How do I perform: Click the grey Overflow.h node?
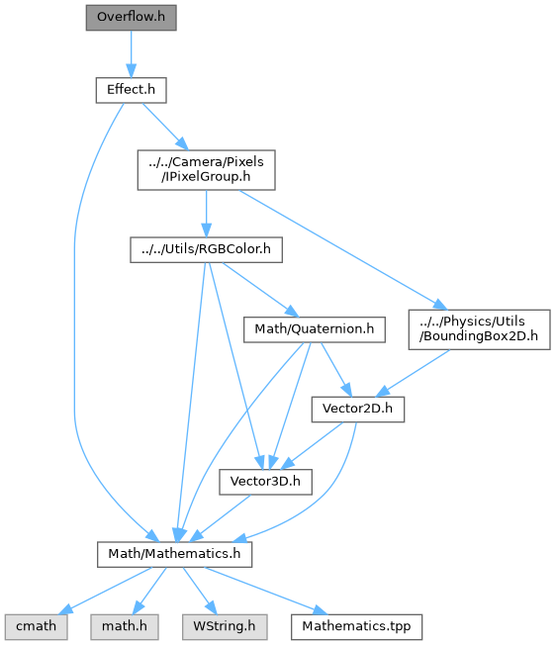132,18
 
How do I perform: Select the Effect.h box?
132,90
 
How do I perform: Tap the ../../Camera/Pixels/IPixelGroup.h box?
206,170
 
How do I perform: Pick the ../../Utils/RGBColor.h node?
206,249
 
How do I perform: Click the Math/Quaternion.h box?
315,329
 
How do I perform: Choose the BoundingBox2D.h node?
479,329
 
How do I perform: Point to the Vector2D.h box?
358,410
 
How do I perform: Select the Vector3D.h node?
265,482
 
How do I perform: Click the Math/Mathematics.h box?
174,555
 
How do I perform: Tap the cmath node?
37,627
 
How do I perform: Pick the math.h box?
125,627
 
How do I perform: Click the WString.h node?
225,627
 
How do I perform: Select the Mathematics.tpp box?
356,627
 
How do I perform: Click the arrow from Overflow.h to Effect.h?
132,53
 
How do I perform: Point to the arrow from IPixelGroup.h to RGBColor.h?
206,214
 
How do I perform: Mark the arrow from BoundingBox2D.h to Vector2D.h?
414,373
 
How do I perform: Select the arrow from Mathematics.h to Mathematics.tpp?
266,591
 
